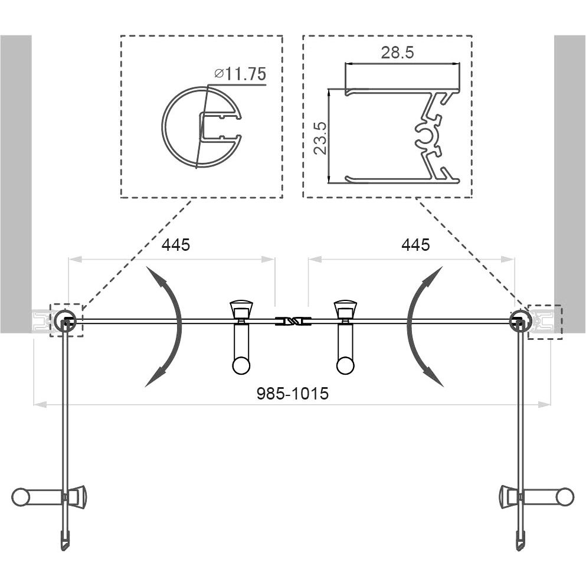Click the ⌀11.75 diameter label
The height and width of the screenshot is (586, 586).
[x=240, y=74]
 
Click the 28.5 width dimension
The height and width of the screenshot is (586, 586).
[x=397, y=53]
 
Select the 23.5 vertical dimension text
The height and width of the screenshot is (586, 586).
[x=320, y=138]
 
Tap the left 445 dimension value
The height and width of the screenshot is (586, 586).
[x=176, y=245]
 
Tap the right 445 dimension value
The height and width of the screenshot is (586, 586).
[x=415, y=245]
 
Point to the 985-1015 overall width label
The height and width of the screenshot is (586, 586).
[x=293, y=394]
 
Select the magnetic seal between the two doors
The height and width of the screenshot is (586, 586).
[x=293, y=321]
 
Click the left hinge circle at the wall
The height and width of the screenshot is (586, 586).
[x=65, y=320]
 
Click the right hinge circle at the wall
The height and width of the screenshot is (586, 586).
[x=520, y=320]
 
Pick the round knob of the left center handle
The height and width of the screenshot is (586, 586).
[x=241, y=366]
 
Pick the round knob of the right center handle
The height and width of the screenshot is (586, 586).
[x=345, y=366]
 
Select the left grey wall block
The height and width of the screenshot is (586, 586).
[x=16, y=184]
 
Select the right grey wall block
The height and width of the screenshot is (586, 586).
[x=570, y=184]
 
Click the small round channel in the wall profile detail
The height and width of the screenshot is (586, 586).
[x=425, y=135]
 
